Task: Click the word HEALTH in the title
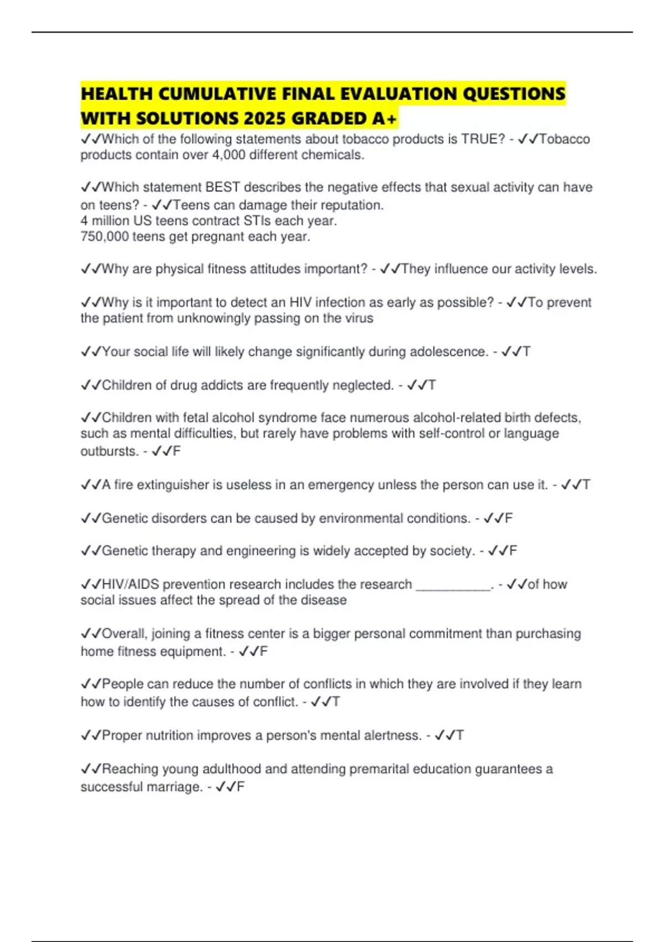tap(116, 94)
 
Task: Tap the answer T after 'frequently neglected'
tap(432, 385)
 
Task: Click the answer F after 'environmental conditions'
tap(508, 518)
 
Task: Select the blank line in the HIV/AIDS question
tap(453, 585)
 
